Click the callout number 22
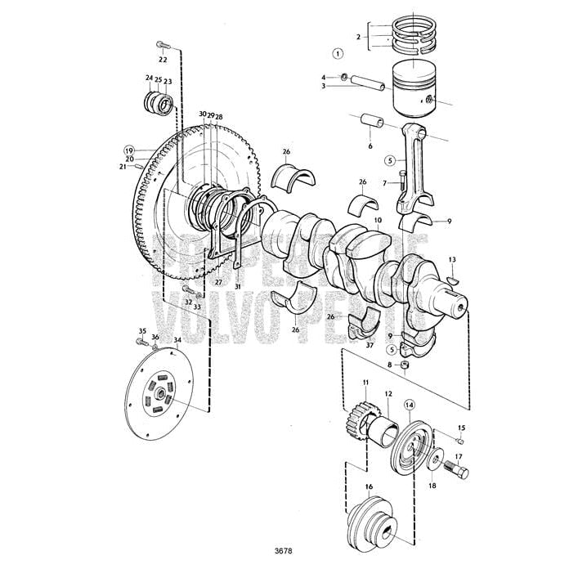[x=163, y=60]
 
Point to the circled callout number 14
[x=408, y=403]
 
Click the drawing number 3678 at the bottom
[x=284, y=550]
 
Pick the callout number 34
[x=177, y=339]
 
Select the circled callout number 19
[x=129, y=150]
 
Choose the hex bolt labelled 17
[x=457, y=473]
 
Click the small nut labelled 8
[x=404, y=365]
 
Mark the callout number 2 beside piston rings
[x=357, y=37]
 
